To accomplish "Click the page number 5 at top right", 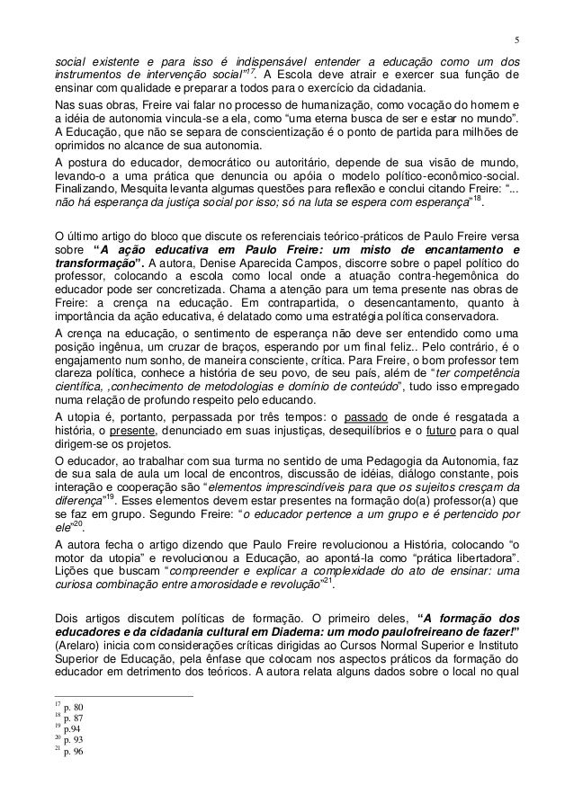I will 516,40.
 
